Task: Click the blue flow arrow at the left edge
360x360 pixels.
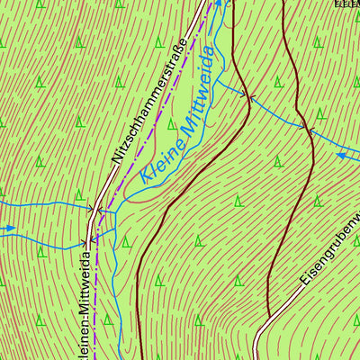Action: [x=7, y=229]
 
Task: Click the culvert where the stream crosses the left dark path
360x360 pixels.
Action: [x=251, y=95]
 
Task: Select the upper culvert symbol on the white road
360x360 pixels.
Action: [x=95, y=209]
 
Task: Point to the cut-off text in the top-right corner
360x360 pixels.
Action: [x=346, y=4]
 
